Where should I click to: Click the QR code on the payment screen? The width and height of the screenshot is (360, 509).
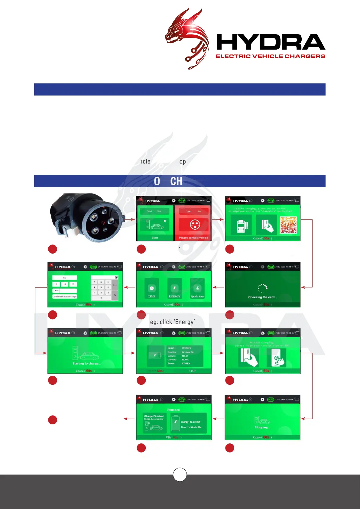pyautogui.click(x=288, y=225)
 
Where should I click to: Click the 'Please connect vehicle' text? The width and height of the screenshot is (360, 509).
pyautogui.click(x=193, y=238)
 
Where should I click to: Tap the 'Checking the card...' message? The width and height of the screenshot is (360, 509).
pyautogui.click(x=262, y=297)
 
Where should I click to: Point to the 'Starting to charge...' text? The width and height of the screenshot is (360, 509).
pyautogui.click(x=86, y=363)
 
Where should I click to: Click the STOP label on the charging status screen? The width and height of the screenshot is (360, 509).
pyautogui.click(x=192, y=371)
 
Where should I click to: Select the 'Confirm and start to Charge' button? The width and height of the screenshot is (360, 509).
pyautogui.click(x=65, y=297)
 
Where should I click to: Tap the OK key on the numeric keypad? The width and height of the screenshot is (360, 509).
pyautogui.click(x=115, y=295)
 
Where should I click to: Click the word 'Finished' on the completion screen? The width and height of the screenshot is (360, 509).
pyautogui.click(x=174, y=410)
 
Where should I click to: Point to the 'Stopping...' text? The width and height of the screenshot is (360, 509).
pyautogui.click(x=262, y=427)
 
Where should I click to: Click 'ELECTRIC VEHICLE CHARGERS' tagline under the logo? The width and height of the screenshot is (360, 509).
pyautogui.click(x=270, y=56)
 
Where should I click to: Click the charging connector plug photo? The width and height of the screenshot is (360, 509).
pyautogui.click(x=88, y=218)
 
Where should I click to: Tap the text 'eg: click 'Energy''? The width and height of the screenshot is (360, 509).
pyautogui.click(x=172, y=322)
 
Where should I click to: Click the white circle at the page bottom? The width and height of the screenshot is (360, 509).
pyautogui.click(x=180, y=475)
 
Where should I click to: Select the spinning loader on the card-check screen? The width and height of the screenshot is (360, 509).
pyautogui.click(x=263, y=288)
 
